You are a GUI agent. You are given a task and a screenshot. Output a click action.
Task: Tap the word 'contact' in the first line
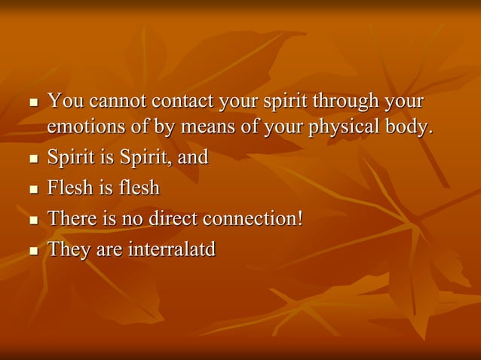tap(179, 101)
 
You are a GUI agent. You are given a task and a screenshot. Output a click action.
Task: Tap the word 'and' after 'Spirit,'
tap(193, 159)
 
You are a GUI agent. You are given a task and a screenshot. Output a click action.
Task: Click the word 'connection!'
tap(257, 218)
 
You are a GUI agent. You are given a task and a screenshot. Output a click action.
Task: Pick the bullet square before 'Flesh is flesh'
tap(32, 190)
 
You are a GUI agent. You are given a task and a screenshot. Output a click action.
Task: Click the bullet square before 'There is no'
tap(32, 220)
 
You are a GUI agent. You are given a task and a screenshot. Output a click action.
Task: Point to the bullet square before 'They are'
tap(32, 250)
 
